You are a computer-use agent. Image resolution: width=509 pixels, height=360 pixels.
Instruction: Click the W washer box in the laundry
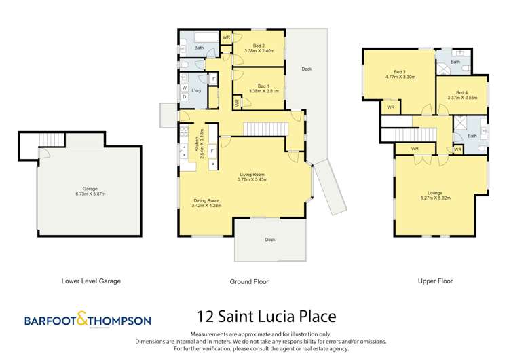click(x=184, y=88)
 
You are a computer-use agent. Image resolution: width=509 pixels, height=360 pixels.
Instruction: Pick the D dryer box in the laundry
click(x=184, y=97)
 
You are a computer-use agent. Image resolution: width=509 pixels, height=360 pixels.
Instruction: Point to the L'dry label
click(x=197, y=91)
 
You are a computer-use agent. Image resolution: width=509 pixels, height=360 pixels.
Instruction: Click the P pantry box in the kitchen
click(x=212, y=164)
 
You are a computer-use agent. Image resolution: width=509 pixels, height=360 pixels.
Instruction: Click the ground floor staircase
click(x=258, y=128)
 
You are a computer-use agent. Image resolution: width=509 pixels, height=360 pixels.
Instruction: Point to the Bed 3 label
click(x=399, y=72)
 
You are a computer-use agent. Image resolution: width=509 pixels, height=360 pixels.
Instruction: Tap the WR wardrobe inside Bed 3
click(x=391, y=107)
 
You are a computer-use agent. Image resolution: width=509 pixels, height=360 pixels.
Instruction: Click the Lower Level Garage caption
click(x=91, y=281)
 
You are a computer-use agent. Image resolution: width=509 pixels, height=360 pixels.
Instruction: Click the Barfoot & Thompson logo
click(x=88, y=320)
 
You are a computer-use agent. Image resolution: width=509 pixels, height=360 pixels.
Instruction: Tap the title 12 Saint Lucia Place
click(x=265, y=317)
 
